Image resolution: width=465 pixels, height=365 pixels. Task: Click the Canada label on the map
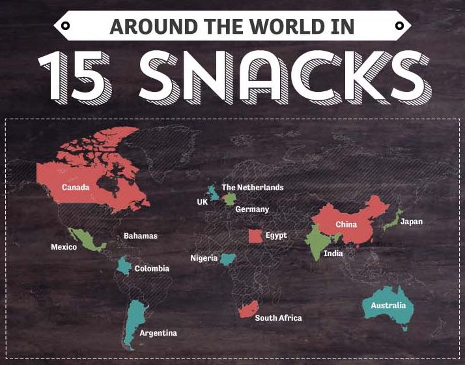[76, 188]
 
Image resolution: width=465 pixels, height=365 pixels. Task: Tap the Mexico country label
[64, 247]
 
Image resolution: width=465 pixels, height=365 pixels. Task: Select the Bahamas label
[141, 236]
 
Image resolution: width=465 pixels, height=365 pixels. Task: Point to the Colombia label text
[152, 269]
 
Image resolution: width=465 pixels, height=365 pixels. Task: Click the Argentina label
[158, 333]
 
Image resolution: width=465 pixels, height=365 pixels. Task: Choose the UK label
[202, 202]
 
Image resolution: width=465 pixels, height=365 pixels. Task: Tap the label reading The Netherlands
[253, 188]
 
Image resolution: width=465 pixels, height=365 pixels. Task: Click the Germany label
[252, 209]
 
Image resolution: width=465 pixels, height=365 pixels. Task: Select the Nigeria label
[204, 258]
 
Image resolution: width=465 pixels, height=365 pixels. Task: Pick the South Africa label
[278, 318]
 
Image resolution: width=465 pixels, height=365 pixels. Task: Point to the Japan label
[412, 222]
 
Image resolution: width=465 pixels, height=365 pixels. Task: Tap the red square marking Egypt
[256, 236]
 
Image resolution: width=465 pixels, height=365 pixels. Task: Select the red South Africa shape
[248, 309]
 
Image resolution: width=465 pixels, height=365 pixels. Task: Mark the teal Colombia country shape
[123, 266]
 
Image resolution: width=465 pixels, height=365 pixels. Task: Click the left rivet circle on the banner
[65, 26]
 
